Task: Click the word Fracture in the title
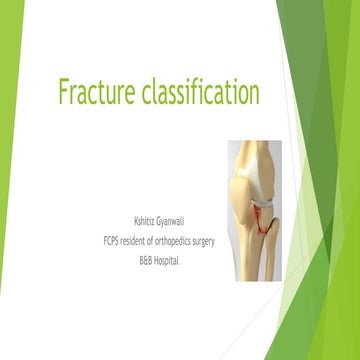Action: pos(95,93)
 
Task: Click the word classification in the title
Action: pos(199,93)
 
